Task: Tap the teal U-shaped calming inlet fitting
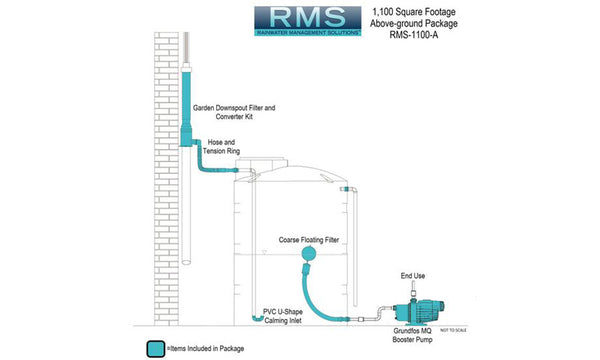tap(256, 318)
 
